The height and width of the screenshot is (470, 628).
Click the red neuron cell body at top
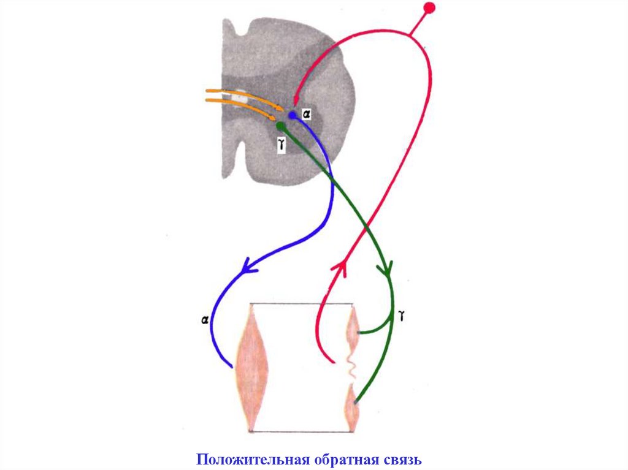click(x=429, y=8)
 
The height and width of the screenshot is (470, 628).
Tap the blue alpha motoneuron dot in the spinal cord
click(x=293, y=115)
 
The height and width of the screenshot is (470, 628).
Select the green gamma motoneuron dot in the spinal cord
click(x=281, y=126)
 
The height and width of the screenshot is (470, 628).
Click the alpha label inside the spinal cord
click(x=307, y=114)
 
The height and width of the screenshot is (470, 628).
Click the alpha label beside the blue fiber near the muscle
click(x=204, y=319)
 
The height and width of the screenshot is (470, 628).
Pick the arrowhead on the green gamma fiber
click(x=388, y=268)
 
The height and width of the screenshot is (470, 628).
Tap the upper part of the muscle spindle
click(x=353, y=328)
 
